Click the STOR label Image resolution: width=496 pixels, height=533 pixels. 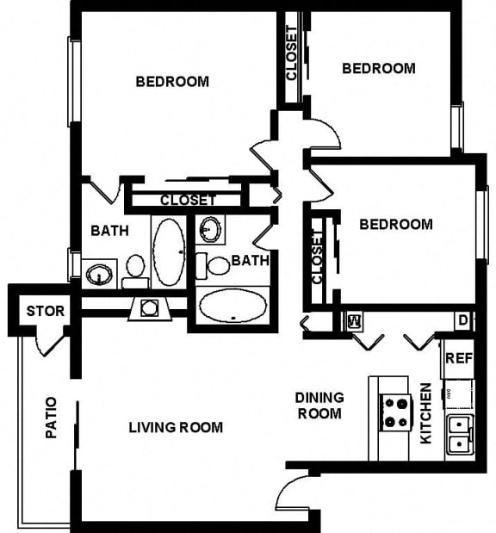tap(45, 311)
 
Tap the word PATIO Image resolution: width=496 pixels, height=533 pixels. tap(51, 417)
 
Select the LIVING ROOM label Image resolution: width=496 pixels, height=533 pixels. tap(176, 427)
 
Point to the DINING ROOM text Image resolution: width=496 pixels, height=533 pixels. tap(319, 406)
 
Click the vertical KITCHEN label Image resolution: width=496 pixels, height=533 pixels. tap(425, 413)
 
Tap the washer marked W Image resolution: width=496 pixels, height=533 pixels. tap(353, 322)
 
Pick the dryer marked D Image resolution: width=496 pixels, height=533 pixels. tap(462, 322)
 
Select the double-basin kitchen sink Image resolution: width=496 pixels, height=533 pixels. tap(458, 435)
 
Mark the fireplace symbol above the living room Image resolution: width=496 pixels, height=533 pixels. tap(149, 307)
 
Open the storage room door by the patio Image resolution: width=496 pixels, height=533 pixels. tap(50, 343)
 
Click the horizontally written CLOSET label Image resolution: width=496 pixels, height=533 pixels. tap(188, 201)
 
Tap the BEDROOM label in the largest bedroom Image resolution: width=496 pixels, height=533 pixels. tap(172, 82)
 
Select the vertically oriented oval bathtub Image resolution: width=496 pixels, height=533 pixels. tap(168, 251)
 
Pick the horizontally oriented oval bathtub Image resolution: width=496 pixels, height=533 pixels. tap(232, 305)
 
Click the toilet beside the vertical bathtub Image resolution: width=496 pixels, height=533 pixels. tap(135, 268)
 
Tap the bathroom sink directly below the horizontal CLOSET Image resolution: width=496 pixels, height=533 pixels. tap(210, 230)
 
